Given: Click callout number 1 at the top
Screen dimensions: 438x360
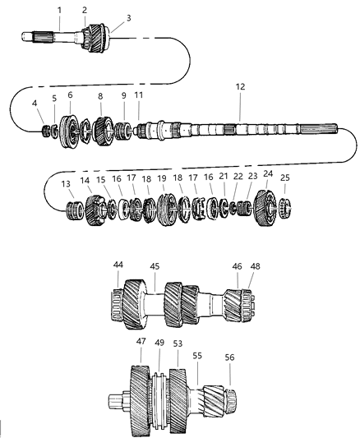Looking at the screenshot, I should click(x=59, y=9).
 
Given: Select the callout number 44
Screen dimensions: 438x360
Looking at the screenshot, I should click(x=119, y=265).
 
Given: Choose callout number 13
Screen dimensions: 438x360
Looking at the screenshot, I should click(x=67, y=185).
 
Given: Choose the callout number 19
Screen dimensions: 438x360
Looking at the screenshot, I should click(x=162, y=178).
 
